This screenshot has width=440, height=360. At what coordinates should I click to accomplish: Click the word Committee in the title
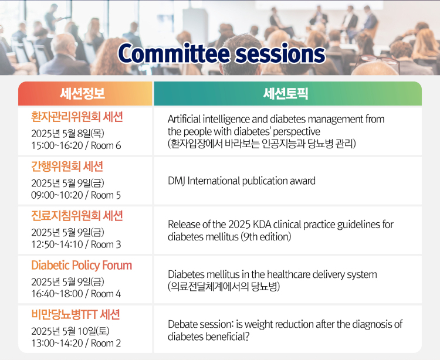(174, 53)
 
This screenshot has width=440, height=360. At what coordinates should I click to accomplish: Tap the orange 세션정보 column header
(83, 93)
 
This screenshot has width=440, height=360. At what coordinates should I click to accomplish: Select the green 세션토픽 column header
(285, 93)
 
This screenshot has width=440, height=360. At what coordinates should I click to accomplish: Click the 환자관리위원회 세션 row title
(77, 117)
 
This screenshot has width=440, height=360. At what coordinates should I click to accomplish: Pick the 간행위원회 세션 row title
(67, 167)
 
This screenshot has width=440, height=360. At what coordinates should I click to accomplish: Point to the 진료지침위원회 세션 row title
(77, 216)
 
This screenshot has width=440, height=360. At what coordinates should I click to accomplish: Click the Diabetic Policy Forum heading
(82, 265)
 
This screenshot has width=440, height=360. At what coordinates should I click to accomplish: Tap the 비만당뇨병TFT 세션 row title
(76, 315)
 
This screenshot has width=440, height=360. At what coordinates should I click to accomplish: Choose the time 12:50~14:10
(57, 244)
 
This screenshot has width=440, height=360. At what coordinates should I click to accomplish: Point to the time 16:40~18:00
(57, 294)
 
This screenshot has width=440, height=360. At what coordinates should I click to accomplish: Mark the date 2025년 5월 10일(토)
(70, 331)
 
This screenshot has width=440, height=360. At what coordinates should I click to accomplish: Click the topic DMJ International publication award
(242, 181)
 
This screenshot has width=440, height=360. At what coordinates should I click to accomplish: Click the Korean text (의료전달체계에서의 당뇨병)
(224, 287)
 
